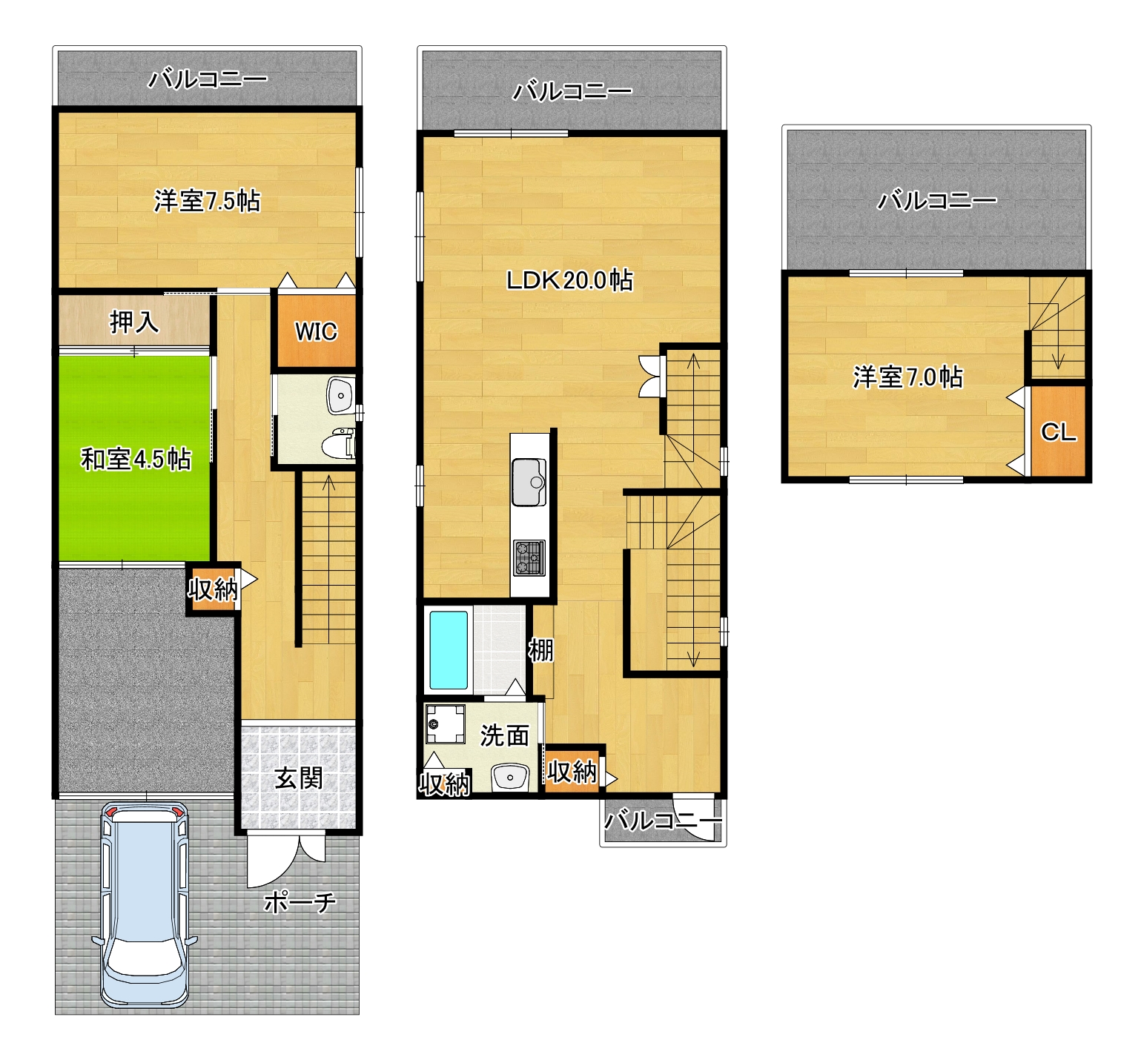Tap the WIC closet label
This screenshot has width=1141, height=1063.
(316, 331)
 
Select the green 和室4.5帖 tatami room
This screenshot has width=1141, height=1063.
(134, 459)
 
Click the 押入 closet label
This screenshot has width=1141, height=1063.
(134, 322)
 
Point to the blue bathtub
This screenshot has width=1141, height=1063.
(449, 649)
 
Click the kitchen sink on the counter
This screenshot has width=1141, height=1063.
(529, 482)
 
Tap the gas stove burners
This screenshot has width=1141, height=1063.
(529, 557)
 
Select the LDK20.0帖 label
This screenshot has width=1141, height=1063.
(569, 280)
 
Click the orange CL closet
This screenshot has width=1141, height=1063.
(1058, 431)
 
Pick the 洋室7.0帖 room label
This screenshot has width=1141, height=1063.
(907, 377)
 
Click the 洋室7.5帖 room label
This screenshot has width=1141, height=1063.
(207, 201)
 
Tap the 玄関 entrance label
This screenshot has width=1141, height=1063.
(298, 778)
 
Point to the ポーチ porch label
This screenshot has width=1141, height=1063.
(300, 902)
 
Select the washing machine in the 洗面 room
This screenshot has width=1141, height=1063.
(445, 723)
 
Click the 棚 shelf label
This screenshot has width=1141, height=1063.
(540, 650)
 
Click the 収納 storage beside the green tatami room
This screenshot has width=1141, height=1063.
(213, 589)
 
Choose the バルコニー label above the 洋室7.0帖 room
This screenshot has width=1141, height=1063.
(936, 200)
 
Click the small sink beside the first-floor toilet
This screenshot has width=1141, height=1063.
(340, 396)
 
